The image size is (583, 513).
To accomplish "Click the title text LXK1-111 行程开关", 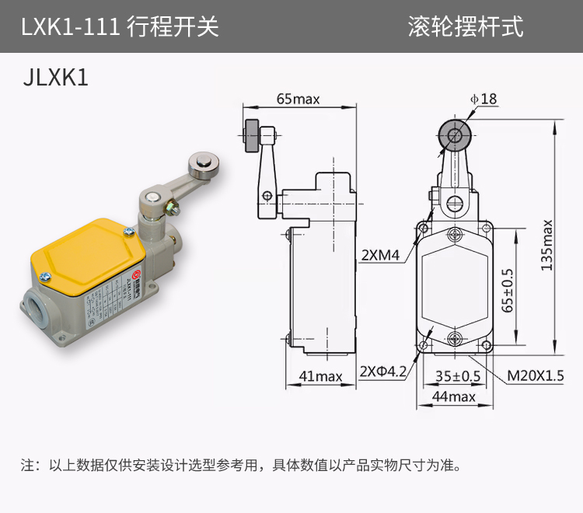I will [x=120, y=27].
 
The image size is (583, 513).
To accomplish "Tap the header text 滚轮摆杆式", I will [x=466, y=27].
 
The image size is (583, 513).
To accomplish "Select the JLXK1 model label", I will [x=57, y=78].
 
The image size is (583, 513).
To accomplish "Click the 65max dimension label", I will [x=298, y=99].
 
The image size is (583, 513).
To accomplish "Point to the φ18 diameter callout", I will [x=483, y=99].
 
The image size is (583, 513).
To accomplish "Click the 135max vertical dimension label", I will [x=547, y=244].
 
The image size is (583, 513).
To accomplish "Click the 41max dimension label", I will [x=320, y=376].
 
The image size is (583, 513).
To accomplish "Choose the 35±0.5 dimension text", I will [x=457, y=376].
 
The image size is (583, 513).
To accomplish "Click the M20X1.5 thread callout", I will [x=536, y=376].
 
